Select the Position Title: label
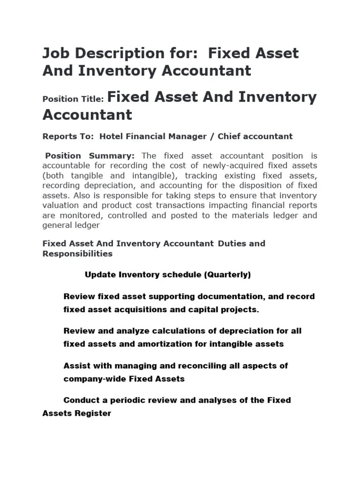pyautogui.click(x=73, y=99)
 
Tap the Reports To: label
pyautogui.click(x=69, y=136)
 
